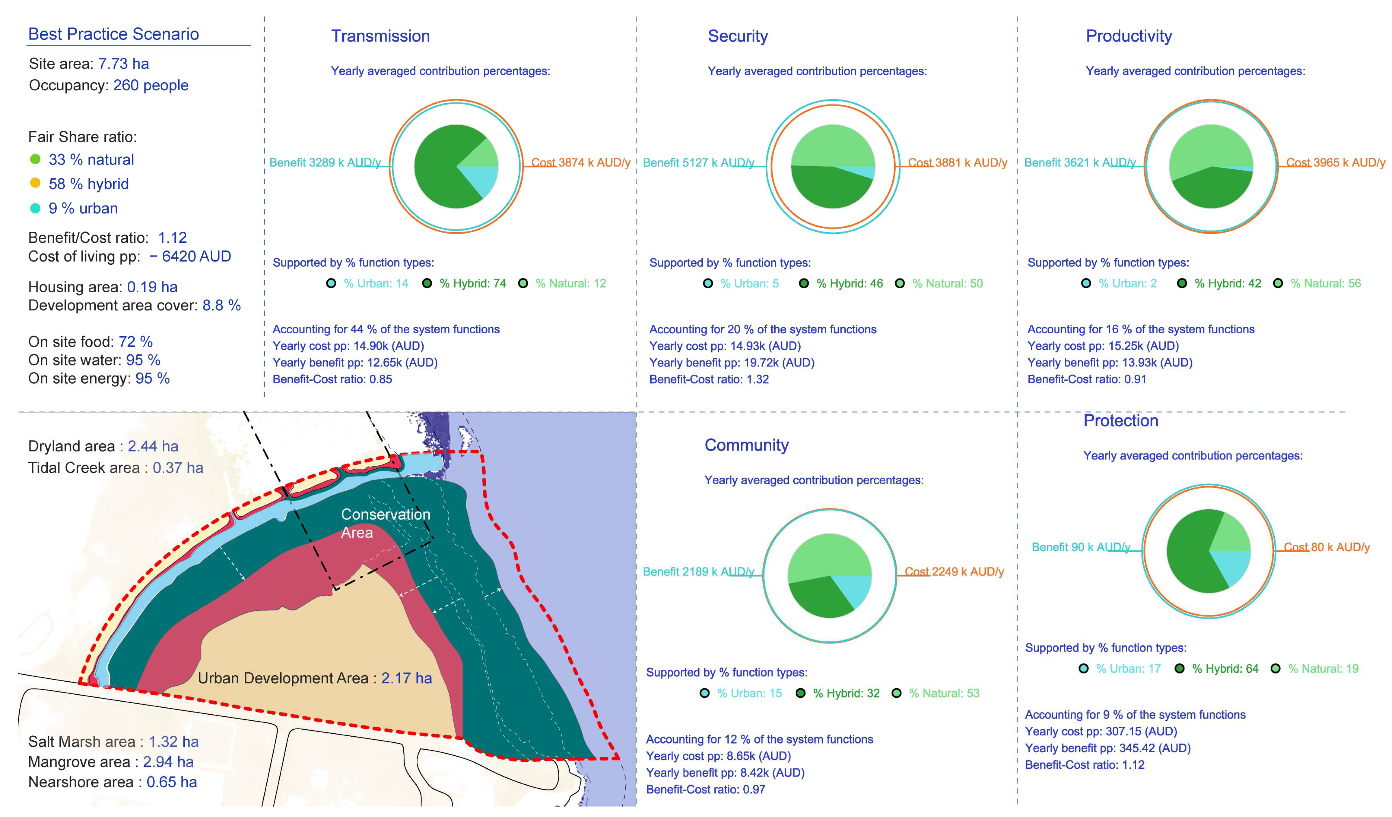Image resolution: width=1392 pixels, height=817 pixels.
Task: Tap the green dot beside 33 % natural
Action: (35, 159)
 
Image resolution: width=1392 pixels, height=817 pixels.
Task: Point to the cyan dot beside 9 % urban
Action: (35, 208)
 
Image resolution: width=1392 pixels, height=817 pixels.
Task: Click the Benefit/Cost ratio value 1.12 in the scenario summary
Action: (172, 237)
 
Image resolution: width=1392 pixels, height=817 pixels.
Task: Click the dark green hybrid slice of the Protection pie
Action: (1191, 552)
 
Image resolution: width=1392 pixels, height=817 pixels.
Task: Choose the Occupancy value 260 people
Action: (151, 85)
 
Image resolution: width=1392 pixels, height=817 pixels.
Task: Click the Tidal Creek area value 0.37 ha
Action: (178, 467)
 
